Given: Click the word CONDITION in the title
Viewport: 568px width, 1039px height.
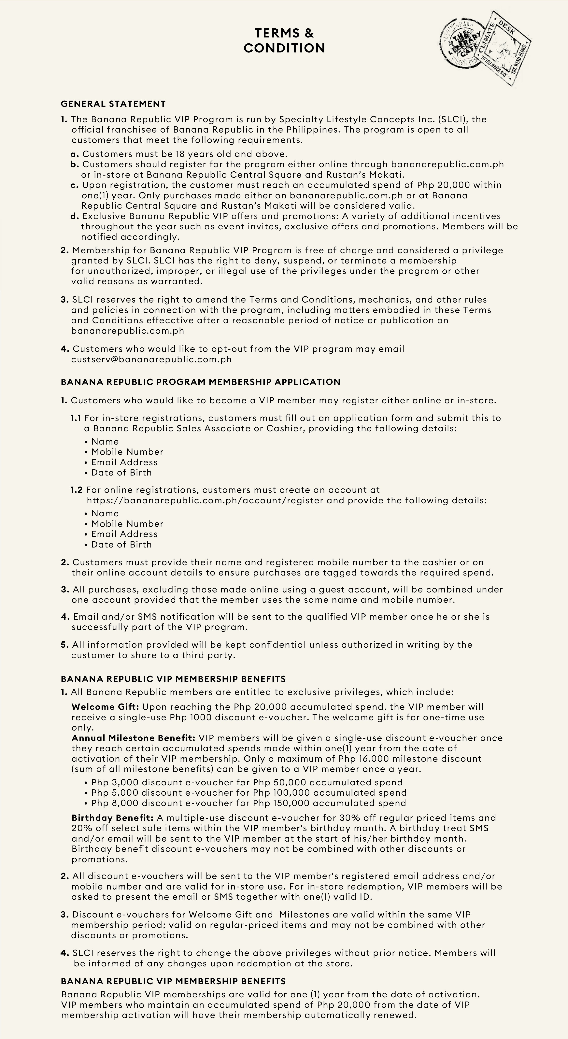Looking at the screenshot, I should [x=284, y=48].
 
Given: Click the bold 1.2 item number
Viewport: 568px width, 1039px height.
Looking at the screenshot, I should [x=77, y=490].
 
